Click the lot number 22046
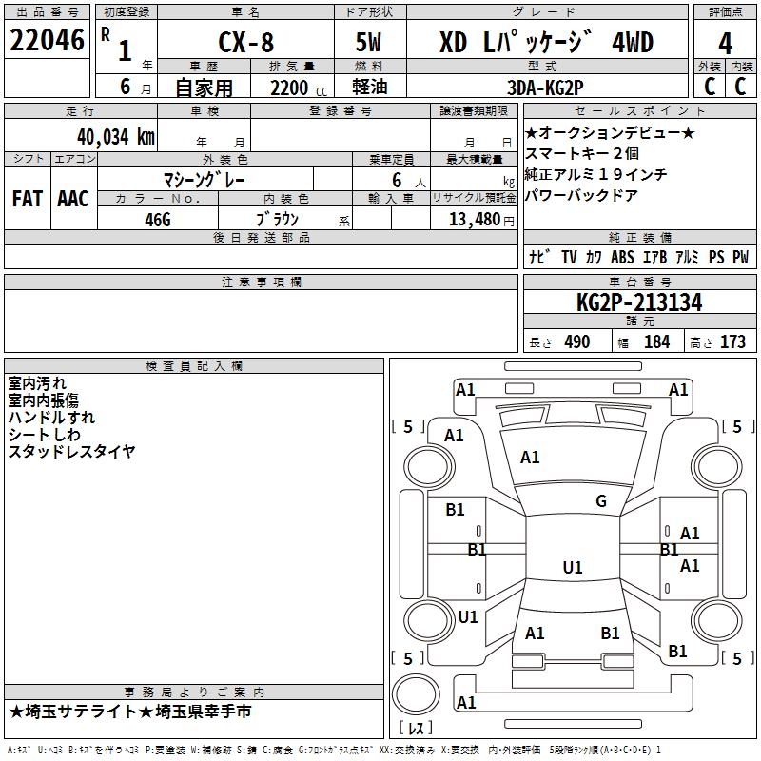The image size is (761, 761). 47,40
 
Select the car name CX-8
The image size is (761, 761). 246,42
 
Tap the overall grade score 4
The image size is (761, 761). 725,44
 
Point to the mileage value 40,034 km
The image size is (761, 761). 116,137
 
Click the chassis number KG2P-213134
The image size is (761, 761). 639,302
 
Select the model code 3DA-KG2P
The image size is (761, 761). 545,88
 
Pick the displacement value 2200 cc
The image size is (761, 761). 299,88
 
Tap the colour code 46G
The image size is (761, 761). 158,220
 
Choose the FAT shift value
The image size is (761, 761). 28,199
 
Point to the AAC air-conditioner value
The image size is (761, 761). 73,199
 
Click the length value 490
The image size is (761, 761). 577,341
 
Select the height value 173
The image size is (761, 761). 732,341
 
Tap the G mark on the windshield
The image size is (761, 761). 601,500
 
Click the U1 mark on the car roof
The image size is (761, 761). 573,567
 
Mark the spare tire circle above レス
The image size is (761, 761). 416,694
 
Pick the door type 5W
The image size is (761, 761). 368,42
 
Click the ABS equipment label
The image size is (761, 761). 622,257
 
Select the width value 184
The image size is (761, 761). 656,341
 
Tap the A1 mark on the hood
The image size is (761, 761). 530,458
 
